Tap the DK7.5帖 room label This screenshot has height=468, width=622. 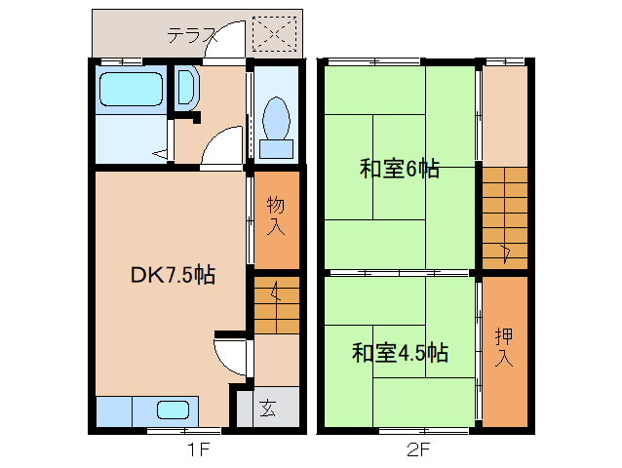click(x=172, y=275)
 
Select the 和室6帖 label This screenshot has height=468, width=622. click(x=399, y=169)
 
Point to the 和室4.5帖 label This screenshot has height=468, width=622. click(x=400, y=352)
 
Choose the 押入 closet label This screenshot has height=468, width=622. click(x=504, y=347)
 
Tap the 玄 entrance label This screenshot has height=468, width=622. click(x=267, y=408)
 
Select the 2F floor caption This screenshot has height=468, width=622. click(x=418, y=449)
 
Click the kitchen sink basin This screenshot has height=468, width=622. click(x=174, y=411)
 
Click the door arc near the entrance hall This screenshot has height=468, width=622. click(x=231, y=357)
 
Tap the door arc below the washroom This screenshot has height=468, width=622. click(x=222, y=148)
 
